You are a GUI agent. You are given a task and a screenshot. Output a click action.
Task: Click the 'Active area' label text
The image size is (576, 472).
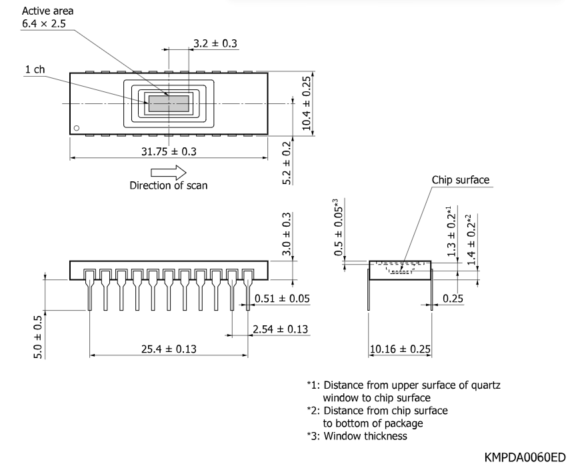click(x=48, y=11)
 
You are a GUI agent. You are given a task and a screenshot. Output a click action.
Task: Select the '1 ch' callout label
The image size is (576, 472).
click(x=35, y=69)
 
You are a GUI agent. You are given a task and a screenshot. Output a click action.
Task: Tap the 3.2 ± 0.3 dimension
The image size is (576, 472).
click(x=215, y=43)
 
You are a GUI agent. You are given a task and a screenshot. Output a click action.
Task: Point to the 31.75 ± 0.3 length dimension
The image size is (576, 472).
click(x=169, y=151)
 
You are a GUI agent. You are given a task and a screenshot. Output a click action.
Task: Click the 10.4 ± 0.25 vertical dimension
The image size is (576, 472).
click(x=307, y=103)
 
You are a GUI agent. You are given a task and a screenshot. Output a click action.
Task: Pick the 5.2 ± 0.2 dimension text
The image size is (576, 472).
click(x=287, y=163)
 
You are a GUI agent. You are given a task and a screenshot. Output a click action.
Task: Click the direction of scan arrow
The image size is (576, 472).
click(x=169, y=172)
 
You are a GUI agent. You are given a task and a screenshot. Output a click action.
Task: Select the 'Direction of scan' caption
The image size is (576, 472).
click(x=169, y=185)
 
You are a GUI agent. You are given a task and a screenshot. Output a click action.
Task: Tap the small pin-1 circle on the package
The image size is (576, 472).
click(x=77, y=128)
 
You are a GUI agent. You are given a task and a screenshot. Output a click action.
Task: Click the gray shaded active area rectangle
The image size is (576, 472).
click(x=169, y=103)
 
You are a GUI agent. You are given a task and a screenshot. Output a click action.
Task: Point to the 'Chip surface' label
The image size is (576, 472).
click(x=461, y=179)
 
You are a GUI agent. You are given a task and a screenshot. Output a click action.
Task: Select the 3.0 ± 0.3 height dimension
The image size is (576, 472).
click(x=287, y=234)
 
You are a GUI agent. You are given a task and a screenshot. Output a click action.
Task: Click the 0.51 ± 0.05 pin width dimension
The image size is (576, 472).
click(x=282, y=298)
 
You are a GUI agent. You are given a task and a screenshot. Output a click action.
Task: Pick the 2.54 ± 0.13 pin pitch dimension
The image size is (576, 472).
click(x=280, y=329)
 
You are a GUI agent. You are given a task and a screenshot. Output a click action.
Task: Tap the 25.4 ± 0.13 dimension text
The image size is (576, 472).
click(x=169, y=349)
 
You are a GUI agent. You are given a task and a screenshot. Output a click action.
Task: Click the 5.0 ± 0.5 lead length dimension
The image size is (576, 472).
click(x=38, y=337)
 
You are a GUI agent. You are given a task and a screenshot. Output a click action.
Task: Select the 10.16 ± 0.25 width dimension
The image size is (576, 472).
click(x=400, y=349)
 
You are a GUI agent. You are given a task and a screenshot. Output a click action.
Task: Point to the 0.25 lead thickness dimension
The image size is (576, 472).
click(x=453, y=298)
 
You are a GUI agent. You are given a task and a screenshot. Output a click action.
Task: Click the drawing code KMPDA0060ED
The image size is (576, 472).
click(x=525, y=457)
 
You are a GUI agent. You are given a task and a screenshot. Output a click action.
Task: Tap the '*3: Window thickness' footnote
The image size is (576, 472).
click(x=357, y=436)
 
